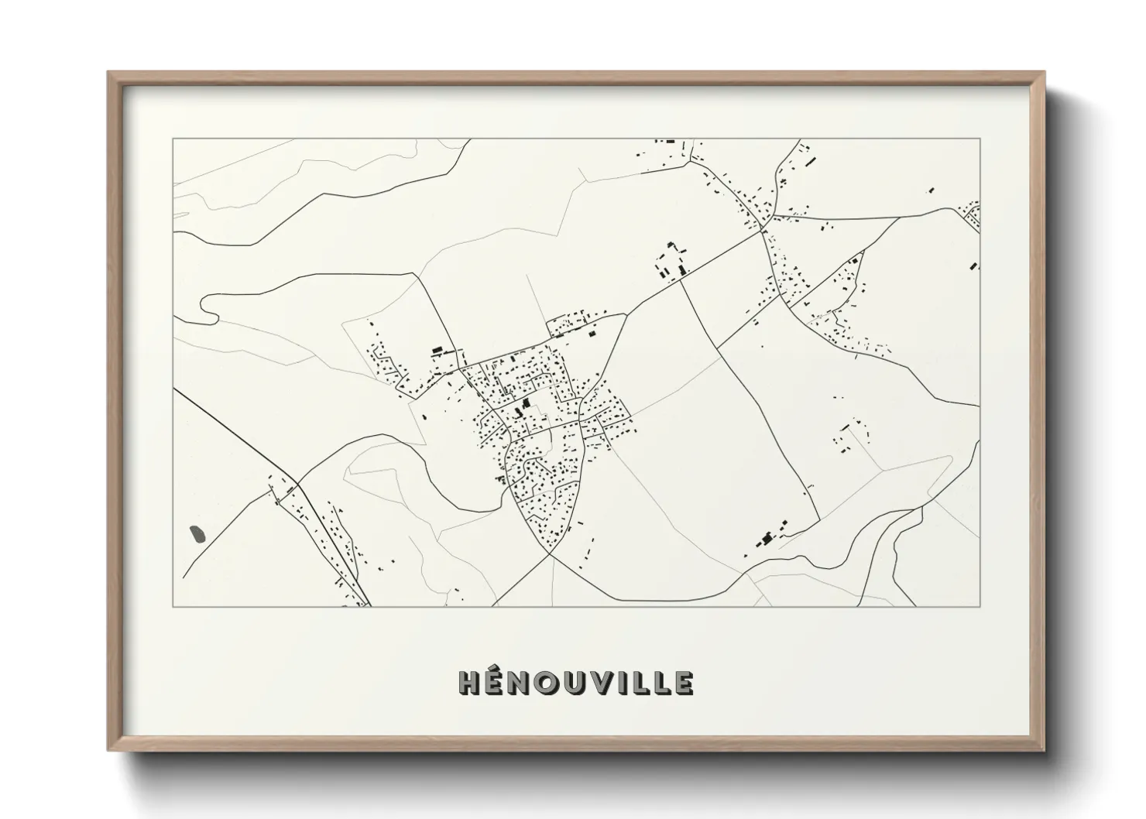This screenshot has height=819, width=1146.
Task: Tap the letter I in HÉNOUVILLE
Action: tap(635, 682)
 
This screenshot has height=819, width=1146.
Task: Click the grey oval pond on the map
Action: tap(197, 533)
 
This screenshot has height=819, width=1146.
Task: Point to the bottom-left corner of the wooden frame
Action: tap(108, 749)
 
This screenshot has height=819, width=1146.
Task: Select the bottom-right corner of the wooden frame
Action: tap(1045, 749)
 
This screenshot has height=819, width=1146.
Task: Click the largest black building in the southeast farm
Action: tap(767, 537)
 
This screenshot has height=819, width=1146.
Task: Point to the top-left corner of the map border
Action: tap(173, 139)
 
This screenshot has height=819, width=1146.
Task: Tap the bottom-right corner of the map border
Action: tap(980, 606)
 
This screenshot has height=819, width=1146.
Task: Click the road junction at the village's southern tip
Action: tap(550, 553)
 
